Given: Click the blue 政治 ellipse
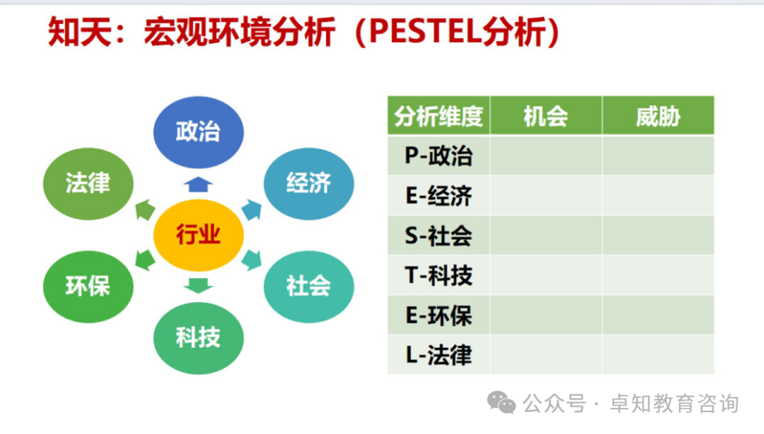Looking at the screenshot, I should coord(199,131).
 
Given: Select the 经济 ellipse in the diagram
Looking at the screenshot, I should coord(308,183).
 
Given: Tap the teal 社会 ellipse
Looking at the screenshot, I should coord(308,286).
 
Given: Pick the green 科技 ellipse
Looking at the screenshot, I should coord(199,337).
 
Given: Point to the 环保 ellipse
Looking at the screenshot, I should coord(88,286).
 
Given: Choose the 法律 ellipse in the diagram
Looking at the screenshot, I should coord(88,183).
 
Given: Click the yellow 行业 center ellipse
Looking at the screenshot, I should coord(199,234).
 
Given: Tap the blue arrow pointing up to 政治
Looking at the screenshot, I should coord(199,184).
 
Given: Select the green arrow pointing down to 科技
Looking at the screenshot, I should coord(199,286).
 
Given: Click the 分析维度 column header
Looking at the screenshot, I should coord(439,116).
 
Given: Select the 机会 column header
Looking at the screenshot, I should coord(545,116).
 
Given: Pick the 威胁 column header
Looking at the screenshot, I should coord(658,116).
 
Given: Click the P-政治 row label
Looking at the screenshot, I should coord(439,156).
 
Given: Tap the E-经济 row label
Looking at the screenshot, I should coord(439,196).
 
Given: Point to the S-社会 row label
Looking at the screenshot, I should coord(439,235).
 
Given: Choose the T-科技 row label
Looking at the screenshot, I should coord(439,275).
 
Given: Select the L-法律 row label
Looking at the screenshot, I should coord(439,355).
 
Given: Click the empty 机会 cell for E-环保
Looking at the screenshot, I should coord(545,315).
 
